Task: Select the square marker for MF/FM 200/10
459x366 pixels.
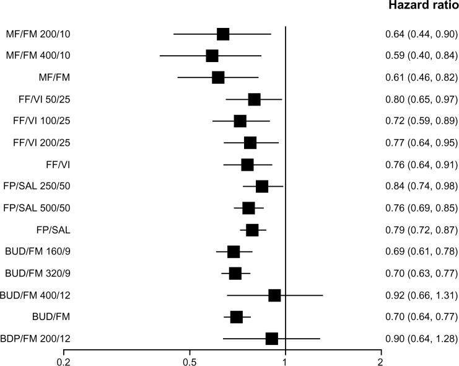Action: (x=223, y=34)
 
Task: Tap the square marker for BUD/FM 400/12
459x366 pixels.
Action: (x=274, y=295)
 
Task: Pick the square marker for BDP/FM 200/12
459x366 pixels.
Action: (x=271, y=339)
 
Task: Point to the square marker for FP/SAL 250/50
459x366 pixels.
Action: (x=262, y=187)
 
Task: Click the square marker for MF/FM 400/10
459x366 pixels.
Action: (x=212, y=56)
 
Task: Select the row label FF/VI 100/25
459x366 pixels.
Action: (x=42, y=121)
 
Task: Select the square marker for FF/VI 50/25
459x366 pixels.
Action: (x=254, y=99)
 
